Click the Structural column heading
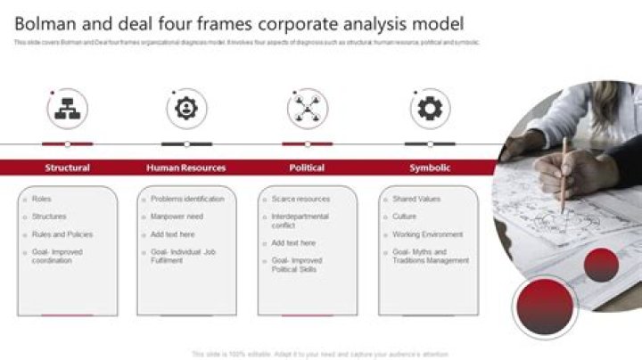coord(67,168)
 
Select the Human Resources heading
coord(185,168)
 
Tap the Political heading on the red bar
coord(307,168)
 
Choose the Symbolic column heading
coord(429,168)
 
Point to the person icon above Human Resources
coord(185,109)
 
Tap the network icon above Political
coord(307,109)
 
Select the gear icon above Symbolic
coord(430,109)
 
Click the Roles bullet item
coord(42,199)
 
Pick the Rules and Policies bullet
coord(62,234)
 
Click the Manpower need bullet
coord(177,217)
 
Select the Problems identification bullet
coord(187,199)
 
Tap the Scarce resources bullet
coord(300,199)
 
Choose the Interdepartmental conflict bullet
coord(300,221)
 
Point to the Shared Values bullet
coord(416,199)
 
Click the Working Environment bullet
coord(427,234)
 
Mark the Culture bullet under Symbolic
coord(404,217)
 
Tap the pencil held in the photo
coord(564,174)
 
